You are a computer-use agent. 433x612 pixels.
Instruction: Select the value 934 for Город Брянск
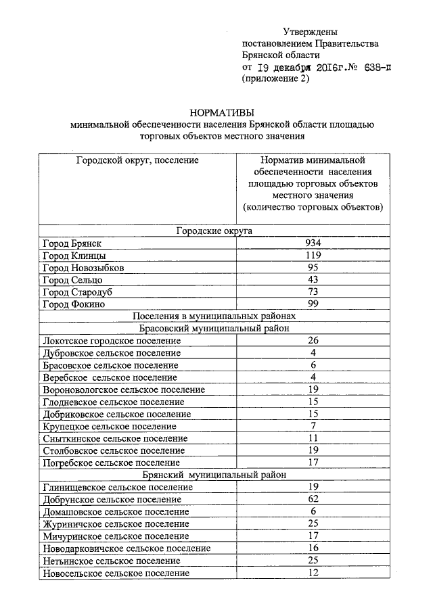pyautogui.click(x=313, y=243)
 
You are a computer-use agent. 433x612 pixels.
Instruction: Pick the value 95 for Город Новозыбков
pyautogui.click(x=313, y=267)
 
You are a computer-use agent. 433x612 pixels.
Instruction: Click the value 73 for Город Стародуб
pyautogui.click(x=313, y=291)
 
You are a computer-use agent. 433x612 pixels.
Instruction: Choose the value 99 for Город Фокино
pyautogui.click(x=313, y=304)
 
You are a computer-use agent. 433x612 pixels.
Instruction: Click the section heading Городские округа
pyautogui.click(x=214, y=231)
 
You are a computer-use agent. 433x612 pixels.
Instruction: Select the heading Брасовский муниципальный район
pyautogui.click(x=214, y=328)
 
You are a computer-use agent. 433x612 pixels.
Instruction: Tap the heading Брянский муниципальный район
pyautogui.click(x=214, y=475)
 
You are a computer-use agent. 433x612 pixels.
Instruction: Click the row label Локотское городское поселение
pyautogui.click(x=111, y=341)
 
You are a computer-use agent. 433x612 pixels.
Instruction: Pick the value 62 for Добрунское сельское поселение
pyautogui.click(x=313, y=499)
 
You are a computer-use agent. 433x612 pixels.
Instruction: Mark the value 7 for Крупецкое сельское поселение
pyautogui.click(x=313, y=426)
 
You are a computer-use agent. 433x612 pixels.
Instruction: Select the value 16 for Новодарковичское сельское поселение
pyautogui.click(x=313, y=548)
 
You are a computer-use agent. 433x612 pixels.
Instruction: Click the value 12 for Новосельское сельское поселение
pyautogui.click(x=313, y=573)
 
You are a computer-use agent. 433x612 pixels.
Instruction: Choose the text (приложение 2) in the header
pyautogui.click(x=275, y=79)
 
